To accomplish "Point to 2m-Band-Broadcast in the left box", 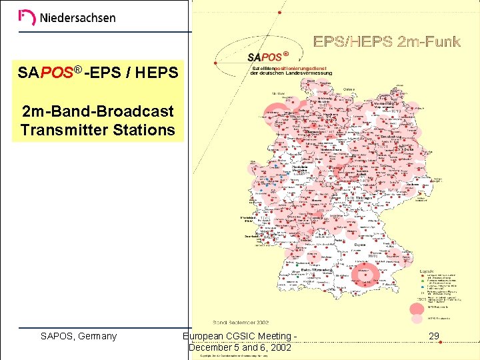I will pos(97,111).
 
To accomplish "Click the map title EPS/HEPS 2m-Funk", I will pos(387,43).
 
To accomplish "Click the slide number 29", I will pos(434,336).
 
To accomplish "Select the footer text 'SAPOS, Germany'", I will pos(79,336).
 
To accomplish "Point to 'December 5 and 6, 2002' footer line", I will pos(239,347).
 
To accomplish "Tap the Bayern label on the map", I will pos(361,245).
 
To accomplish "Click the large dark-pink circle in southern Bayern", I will pos(366,273).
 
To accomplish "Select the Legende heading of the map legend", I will pos(427,270).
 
